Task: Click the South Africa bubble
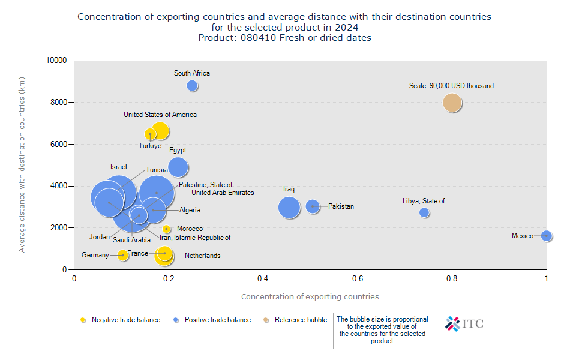[192, 86]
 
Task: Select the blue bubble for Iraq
[289, 208]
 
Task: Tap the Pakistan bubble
[313, 206]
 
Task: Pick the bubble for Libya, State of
[424, 212]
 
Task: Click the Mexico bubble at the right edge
[546, 236]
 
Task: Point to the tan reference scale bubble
[452, 103]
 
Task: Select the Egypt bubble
[178, 167]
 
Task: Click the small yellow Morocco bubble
[167, 229]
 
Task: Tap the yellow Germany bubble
[123, 255]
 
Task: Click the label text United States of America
[160, 115]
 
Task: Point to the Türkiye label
[150, 146]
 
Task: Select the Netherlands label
[202, 256]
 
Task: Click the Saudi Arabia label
[131, 240]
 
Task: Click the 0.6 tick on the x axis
[358, 278]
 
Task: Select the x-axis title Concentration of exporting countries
[310, 296]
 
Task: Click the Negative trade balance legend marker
[83, 320]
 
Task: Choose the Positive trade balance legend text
[217, 320]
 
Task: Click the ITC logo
[464, 324]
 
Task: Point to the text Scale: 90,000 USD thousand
[451, 86]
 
